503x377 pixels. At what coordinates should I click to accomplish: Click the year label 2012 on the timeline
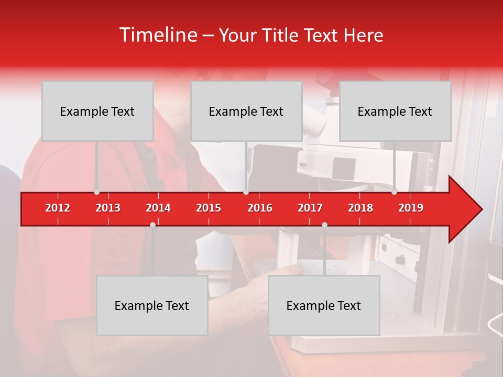tap(58, 208)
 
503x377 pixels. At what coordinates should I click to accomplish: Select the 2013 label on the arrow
tap(108, 208)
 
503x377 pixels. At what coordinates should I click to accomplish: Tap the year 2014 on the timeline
tap(158, 208)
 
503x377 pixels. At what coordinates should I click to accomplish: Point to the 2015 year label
tap(209, 208)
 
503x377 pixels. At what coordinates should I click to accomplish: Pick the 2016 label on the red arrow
tap(260, 208)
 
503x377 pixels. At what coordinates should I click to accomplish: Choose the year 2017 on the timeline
tap(310, 208)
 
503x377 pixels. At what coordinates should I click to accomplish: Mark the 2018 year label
tap(360, 208)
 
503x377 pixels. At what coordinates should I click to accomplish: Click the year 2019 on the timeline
tap(411, 208)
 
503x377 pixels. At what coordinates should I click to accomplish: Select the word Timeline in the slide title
tap(158, 35)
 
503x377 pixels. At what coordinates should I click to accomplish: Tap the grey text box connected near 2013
tap(97, 111)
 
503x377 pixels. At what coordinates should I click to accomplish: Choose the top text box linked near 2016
tap(246, 111)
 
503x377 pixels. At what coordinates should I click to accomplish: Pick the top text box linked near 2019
tap(395, 111)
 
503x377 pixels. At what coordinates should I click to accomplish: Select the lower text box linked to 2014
tap(152, 305)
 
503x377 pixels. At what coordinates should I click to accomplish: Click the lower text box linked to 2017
tap(324, 305)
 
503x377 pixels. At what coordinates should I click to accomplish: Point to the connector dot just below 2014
tap(152, 225)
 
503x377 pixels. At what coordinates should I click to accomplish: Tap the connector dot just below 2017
tap(324, 225)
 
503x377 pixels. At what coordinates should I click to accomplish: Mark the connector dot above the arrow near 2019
tap(395, 192)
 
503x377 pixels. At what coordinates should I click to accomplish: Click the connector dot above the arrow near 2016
tap(246, 192)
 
